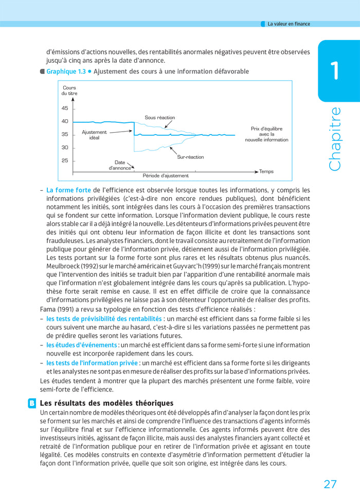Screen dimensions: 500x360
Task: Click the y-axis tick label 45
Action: coord(65,108)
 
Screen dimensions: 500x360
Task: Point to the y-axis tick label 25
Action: coord(65,160)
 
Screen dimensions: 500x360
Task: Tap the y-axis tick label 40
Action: coord(65,121)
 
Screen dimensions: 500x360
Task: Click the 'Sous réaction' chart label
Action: coord(160,118)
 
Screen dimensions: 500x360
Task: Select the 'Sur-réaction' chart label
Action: coord(190,157)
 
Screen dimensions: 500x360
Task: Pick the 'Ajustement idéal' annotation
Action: coord(94,135)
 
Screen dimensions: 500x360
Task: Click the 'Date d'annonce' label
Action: coord(120,165)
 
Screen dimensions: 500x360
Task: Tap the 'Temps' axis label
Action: coord(266,171)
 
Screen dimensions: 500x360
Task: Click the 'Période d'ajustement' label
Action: coord(166,176)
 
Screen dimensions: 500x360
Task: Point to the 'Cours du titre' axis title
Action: coord(69,90)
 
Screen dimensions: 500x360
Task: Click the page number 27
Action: coord(330,484)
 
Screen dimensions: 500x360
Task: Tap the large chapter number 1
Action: coord(335,70)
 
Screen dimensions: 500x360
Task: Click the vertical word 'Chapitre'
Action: coord(335,139)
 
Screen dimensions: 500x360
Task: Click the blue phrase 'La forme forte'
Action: coord(68,190)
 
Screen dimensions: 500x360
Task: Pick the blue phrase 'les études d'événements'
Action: coord(82,345)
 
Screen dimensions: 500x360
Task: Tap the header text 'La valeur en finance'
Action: coord(289,24)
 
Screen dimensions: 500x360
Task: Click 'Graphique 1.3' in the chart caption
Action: coord(66,71)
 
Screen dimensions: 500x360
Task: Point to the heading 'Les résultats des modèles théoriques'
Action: coord(106,403)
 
